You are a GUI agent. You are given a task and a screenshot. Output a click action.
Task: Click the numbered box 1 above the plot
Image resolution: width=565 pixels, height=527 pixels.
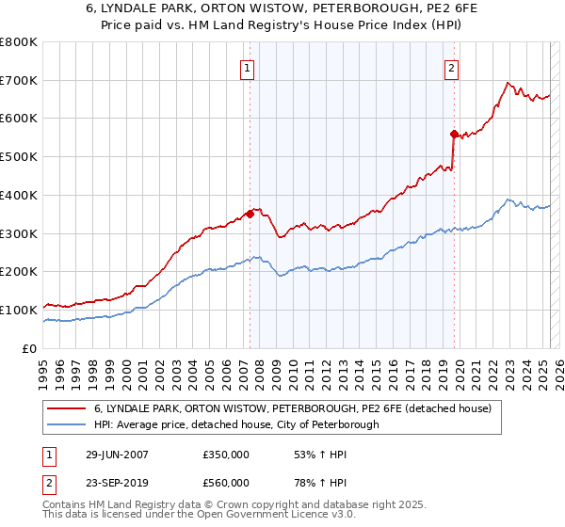247,67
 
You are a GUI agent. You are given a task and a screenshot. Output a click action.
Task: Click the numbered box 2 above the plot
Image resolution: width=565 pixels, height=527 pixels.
452,67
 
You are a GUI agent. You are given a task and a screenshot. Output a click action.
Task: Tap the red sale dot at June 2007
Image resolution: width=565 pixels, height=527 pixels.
250,214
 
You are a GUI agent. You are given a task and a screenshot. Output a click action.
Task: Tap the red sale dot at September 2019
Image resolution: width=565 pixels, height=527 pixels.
454,134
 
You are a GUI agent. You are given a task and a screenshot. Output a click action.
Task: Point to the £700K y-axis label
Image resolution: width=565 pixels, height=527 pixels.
19,81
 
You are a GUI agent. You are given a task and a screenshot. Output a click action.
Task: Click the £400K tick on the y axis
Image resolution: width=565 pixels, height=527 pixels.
19,196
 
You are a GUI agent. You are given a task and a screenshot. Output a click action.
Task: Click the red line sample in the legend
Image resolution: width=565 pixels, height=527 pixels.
68,408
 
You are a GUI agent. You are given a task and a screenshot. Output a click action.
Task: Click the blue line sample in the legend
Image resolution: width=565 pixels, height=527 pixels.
68,424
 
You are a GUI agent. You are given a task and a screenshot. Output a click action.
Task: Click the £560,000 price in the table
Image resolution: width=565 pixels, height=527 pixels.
225,483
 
